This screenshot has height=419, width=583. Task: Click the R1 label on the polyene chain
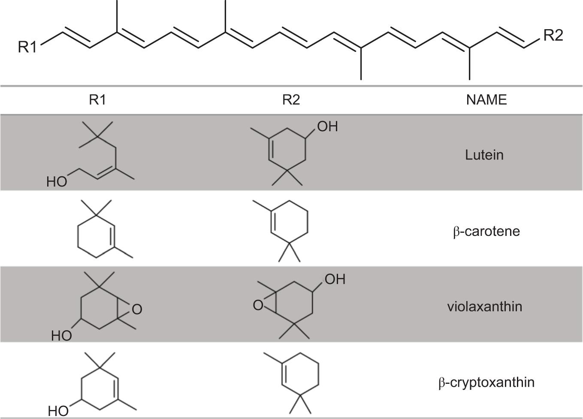27,47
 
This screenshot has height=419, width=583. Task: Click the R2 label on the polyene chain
553,35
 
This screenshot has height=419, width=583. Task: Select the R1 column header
97,100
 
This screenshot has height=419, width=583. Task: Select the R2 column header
291,100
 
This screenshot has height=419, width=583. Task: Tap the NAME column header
486,100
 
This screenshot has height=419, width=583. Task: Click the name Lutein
484,155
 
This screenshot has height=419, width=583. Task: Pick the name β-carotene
486,232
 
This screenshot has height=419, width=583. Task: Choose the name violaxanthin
484,307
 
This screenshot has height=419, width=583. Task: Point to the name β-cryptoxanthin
486,382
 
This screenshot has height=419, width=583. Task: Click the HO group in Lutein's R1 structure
57,182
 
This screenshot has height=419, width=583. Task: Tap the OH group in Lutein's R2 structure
327,127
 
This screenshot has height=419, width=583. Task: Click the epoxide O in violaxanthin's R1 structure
137,309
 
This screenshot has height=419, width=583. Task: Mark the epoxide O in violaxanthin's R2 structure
258,305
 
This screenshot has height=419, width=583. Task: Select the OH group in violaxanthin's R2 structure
335,280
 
